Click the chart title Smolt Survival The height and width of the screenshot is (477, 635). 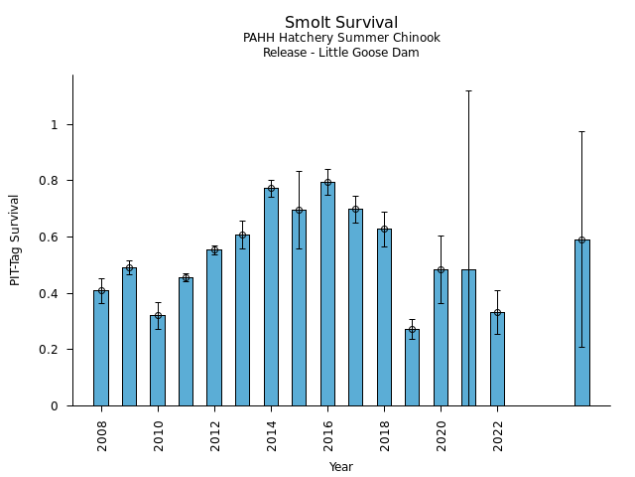[341, 23]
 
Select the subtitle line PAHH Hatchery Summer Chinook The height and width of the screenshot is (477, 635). [341, 38]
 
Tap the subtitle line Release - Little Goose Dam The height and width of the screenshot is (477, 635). [341, 53]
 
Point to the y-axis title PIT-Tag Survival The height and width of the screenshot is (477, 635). [15, 239]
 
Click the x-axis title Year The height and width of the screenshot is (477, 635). [341, 467]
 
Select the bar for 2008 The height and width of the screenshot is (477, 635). [101, 348]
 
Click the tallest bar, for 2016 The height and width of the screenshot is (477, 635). [327, 293]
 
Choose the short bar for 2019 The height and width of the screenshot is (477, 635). [412, 367]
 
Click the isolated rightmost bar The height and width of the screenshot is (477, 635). [581, 322]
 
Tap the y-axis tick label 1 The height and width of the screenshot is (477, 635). [56, 124]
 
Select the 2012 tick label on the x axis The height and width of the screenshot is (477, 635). [214, 434]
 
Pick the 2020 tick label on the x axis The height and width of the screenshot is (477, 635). [441, 434]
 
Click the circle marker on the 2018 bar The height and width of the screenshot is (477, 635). [384, 229]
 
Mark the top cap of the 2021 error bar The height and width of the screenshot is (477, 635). [468, 90]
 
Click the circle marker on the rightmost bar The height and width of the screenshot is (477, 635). [581, 239]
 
